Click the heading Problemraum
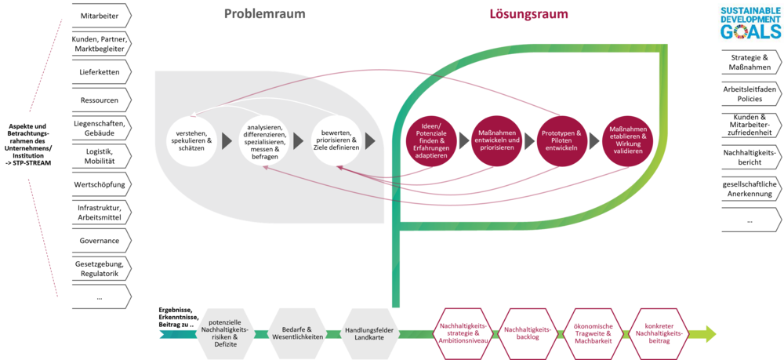(x=264, y=14)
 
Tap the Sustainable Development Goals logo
(x=750, y=22)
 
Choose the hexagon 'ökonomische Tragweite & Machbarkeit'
(x=593, y=332)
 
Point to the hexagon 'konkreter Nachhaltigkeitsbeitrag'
(x=659, y=332)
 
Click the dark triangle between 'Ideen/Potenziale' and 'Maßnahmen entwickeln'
(x=463, y=141)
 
